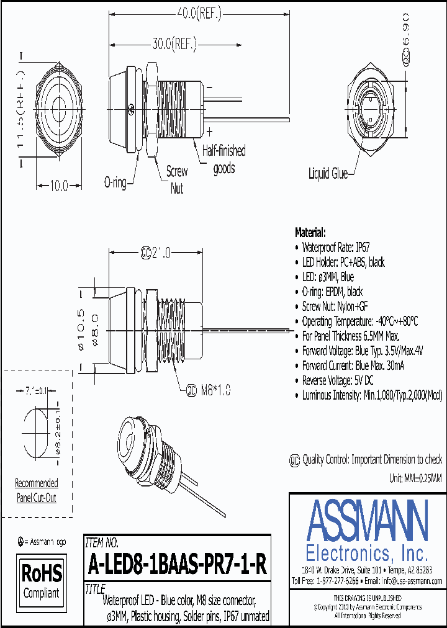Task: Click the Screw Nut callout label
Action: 177,180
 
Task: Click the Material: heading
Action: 310,233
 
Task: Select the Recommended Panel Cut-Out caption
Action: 36,490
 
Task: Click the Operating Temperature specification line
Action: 359,321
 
